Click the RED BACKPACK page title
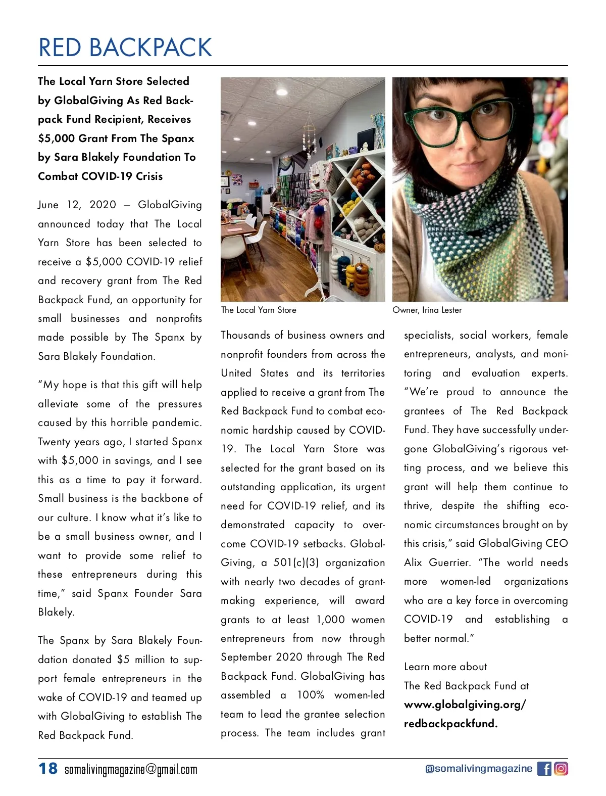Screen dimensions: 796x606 pos(125,48)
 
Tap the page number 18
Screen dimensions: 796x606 pos(48,769)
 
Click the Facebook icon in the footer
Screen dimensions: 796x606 pos(544,769)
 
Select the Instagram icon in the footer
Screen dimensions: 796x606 pos(561,769)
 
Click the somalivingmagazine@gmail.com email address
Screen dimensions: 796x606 pos(131,770)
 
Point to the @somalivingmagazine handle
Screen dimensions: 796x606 pos(479,769)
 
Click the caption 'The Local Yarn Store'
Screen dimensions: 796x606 pos(259,310)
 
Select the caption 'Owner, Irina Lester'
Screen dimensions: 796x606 pos(427,310)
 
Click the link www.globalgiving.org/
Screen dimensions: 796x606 pos(465,705)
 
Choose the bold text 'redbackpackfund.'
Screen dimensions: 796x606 pos(450,724)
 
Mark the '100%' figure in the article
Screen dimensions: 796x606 pos(310,695)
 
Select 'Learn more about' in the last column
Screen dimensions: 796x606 pos(445,667)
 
